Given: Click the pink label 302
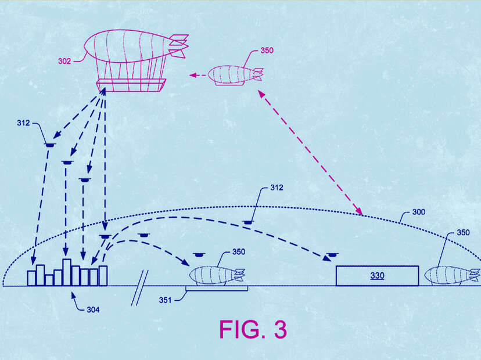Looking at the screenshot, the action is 64,62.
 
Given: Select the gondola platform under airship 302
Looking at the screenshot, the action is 131,85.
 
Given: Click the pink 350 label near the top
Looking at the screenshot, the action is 267,51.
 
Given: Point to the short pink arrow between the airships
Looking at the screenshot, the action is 198,75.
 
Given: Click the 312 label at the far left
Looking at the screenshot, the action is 23,123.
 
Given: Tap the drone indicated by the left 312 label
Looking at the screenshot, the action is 50,145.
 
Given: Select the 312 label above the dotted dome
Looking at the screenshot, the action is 277,188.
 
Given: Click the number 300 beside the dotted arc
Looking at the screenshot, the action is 419,212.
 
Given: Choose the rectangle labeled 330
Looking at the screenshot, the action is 378,276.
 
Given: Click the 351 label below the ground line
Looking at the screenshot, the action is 165,300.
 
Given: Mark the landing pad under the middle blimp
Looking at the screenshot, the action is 217,289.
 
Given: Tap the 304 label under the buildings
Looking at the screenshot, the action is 93,309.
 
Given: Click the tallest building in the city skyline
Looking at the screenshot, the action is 67,272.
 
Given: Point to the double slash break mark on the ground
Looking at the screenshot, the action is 140,287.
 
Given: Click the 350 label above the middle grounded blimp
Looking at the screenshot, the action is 239,252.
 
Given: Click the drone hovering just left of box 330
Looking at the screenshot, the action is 332,255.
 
